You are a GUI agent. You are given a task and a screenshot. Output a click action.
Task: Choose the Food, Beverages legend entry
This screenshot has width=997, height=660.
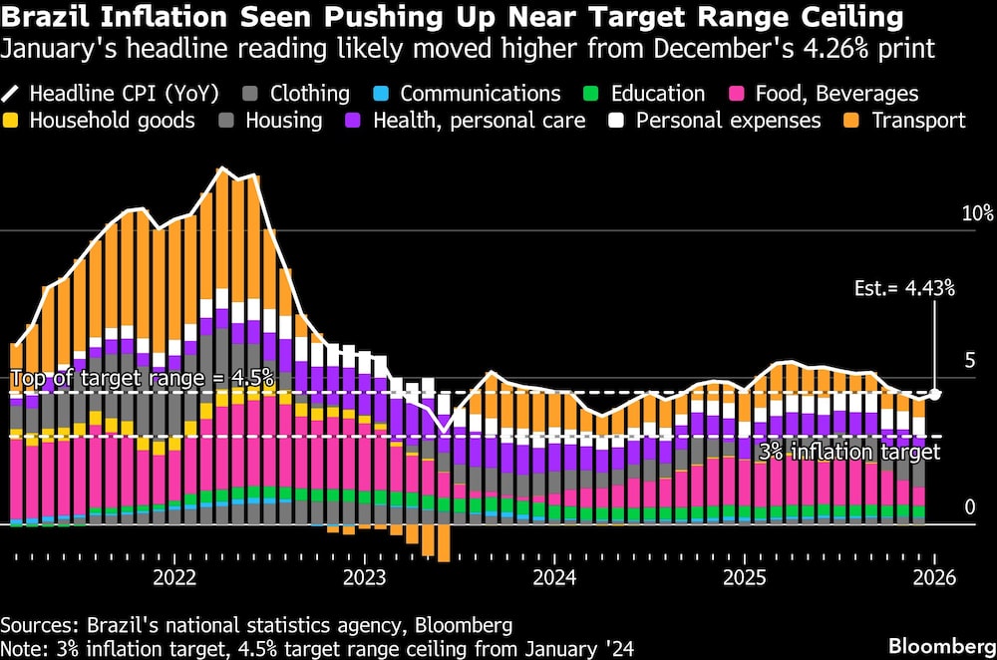pyautogui.click(x=824, y=94)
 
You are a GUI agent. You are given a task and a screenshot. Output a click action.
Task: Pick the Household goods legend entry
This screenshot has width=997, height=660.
pyautogui.click(x=100, y=121)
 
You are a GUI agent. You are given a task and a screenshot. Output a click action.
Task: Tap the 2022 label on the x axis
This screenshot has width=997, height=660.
pyautogui.click(x=175, y=578)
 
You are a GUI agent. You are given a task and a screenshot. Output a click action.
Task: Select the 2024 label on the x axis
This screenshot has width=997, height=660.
pyautogui.click(x=554, y=578)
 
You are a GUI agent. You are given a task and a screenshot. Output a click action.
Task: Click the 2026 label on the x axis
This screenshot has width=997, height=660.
pyautogui.click(x=934, y=578)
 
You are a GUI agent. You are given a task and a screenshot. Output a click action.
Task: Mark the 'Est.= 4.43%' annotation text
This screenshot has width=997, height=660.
pyautogui.click(x=904, y=289)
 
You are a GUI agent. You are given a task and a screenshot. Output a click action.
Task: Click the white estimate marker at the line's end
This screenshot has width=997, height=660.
pyautogui.click(x=935, y=394)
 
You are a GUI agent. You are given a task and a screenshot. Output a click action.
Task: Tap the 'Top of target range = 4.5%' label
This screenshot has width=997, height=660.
pyautogui.click(x=142, y=379)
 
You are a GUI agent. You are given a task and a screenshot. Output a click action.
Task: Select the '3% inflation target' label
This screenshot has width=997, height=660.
pyautogui.click(x=849, y=452)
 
